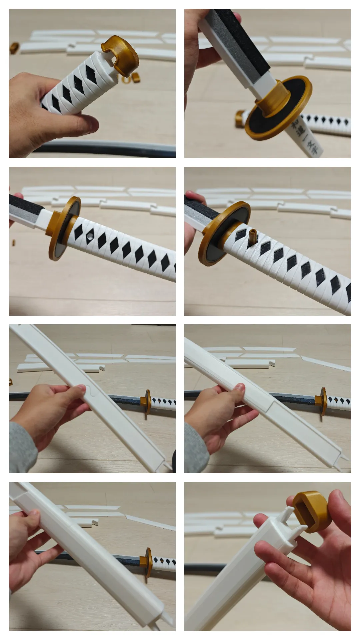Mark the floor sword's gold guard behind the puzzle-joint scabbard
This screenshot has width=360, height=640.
tap(147, 401)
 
